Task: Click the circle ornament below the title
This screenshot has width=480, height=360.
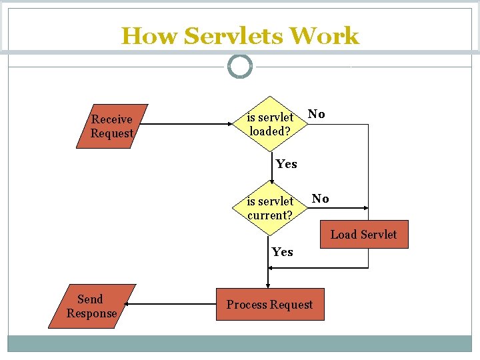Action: [x=240, y=67]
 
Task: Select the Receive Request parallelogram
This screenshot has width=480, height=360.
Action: [x=112, y=126]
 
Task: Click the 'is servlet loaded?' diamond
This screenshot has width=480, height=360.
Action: [x=270, y=124]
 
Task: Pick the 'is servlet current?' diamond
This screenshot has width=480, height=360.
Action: [x=270, y=208]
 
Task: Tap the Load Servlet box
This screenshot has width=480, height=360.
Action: [x=363, y=235]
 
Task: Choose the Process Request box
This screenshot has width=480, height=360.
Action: [x=269, y=305]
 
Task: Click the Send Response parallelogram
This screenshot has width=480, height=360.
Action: [x=91, y=306]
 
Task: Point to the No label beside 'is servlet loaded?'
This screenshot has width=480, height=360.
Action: [x=317, y=115]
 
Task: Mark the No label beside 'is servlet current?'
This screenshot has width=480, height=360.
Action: [x=320, y=199]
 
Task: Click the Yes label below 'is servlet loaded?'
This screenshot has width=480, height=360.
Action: [x=286, y=164]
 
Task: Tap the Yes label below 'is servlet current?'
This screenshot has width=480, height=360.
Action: [x=282, y=252]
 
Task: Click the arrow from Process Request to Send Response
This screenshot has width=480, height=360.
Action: [x=170, y=305]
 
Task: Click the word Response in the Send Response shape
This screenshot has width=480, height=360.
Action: [x=91, y=313]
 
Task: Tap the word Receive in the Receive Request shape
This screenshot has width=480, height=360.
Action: [x=112, y=119]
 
